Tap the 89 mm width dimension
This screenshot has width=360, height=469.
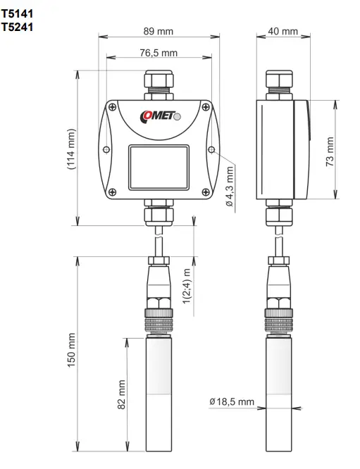[159, 31]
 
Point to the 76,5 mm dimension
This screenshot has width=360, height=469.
[159, 53]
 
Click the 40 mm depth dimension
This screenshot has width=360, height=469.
[283, 32]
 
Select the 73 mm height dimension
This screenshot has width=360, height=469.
[330, 150]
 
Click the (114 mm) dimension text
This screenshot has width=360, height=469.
[70, 149]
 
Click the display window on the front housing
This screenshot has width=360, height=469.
[159, 167]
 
